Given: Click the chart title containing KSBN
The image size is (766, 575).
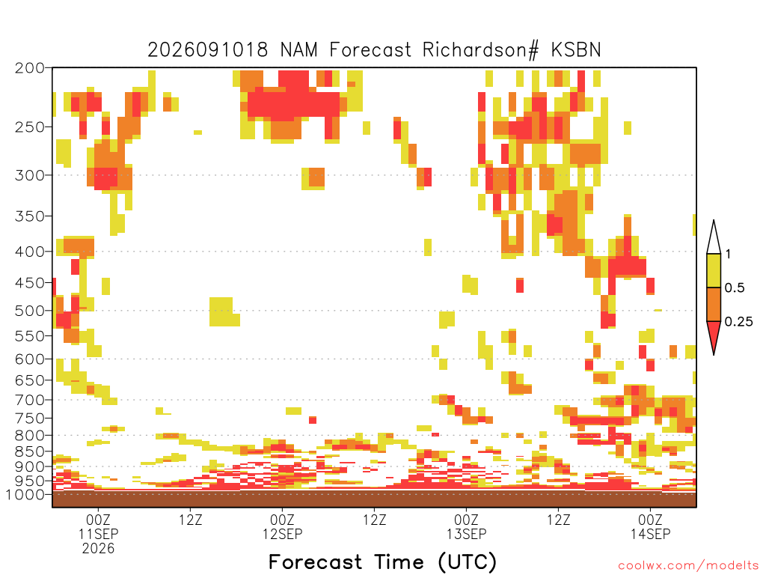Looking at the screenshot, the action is coord(374,50).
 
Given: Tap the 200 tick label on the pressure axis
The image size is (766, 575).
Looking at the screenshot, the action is coord(30,68).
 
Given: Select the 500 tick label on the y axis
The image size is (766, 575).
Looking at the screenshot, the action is coord(30,311).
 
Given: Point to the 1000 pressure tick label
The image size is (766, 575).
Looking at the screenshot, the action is coord(25,494).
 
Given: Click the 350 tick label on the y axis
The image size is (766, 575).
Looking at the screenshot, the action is coord(30,216).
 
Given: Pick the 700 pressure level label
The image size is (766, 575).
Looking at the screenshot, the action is coord(30,400).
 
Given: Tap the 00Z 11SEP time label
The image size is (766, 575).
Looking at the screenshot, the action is coord(98,526).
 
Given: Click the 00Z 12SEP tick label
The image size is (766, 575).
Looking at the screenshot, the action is coord(282,526).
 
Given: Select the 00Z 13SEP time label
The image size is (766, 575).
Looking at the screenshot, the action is coord(467,526).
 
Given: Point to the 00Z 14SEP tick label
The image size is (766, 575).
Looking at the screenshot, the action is coord(650,526).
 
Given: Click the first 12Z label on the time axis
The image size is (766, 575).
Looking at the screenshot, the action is coord(190,520).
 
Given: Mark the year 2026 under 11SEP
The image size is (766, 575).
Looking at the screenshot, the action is coord(98,549).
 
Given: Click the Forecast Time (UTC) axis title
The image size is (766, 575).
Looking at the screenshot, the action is coord(382,562).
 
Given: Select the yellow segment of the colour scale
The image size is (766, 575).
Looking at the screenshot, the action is coord(714,270).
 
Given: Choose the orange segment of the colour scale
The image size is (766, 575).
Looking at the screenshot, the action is coord(714,304).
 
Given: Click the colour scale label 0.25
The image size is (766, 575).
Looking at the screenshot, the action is coord(738,321).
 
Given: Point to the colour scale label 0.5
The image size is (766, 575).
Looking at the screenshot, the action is coord(735,287).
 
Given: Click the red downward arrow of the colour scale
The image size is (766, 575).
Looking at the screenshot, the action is coord(714,335).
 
